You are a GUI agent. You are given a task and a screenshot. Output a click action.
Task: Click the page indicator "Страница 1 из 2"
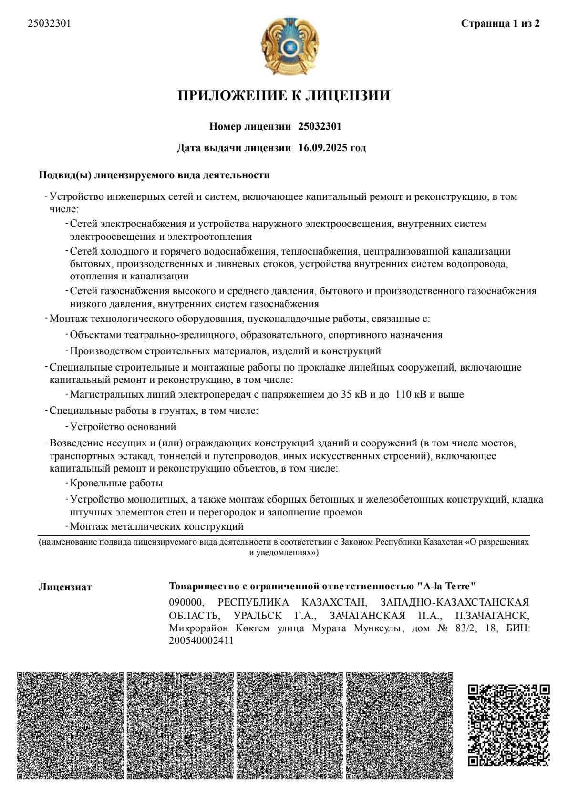pos(500,23)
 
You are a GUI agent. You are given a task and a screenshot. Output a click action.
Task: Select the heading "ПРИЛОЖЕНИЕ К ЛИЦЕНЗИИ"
pos(284,95)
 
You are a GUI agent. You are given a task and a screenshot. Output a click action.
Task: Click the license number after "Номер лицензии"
pos(320,126)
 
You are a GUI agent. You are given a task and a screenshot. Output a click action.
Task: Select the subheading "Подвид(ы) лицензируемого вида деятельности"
pos(154,175)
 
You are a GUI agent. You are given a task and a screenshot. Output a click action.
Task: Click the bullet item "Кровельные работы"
pos(116,483)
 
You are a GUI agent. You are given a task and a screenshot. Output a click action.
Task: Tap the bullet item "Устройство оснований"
pos(123,426)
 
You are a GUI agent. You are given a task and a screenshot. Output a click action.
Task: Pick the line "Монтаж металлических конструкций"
pos(157,526)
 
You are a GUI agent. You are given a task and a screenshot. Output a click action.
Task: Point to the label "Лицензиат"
pos(65,587)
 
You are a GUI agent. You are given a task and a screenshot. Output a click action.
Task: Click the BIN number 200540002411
pos(201,641)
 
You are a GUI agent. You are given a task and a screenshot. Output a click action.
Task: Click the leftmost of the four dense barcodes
pos(70,725)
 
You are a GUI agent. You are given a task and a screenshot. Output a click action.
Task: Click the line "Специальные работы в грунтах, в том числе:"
pos(154,410)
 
